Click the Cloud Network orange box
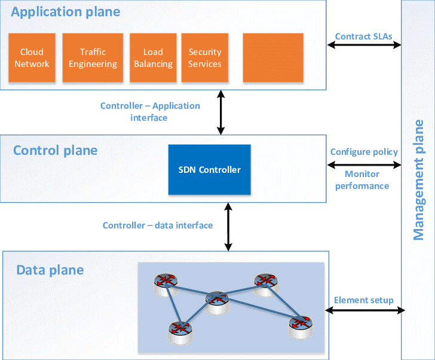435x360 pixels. [x=32, y=58]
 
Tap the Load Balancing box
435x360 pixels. [x=153, y=58]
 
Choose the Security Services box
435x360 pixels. [x=205, y=58]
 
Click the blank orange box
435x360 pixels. [x=273, y=58]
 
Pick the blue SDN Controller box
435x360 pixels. [x=209, y=170]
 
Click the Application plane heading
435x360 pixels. [x=66, y=12]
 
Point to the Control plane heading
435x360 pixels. [x=55, y=150]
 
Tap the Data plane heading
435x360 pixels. [x=50, y=270]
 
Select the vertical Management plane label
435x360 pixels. [x=419, y=179]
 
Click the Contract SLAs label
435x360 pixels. [x=363, y=36]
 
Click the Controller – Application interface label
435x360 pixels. [x=150, y=112]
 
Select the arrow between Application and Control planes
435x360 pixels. [x=221, y=112]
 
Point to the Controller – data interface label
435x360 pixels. [x=158, y=225]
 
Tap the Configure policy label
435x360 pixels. [x=364, y=152]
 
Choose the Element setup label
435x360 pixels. [x=363, y=300]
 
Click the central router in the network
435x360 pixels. [x=216, y=300]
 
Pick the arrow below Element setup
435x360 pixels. [x=364, y=310]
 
